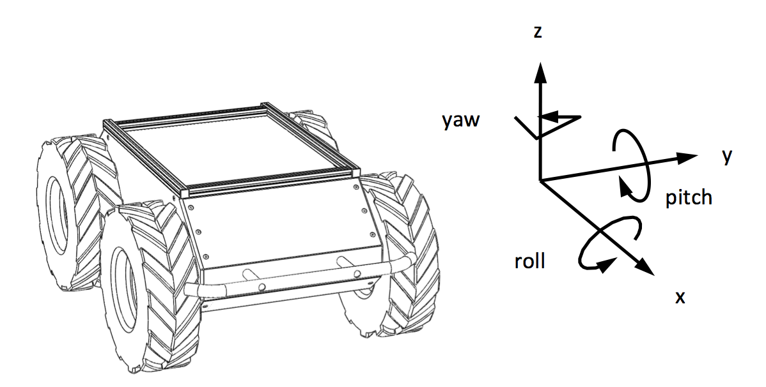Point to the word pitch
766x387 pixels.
pyautogui.click(x=688, y=197)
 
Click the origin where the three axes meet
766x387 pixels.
pyautogui.click(x=541, y=180)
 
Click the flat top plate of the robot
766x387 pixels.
pyautogui.click(x=230, y=147)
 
